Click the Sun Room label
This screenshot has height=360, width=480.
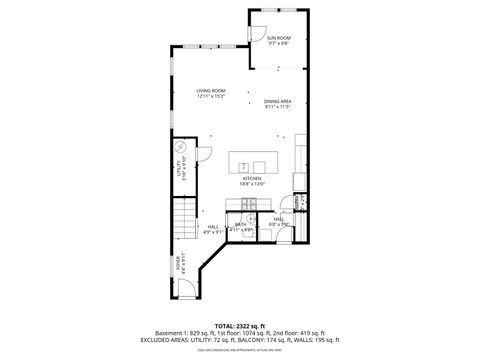277,38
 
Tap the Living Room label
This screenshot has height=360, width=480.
211,90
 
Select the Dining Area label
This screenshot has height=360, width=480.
277,101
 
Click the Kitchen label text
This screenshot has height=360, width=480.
251,178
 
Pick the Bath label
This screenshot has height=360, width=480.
240,224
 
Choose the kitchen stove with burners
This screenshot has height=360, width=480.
251,204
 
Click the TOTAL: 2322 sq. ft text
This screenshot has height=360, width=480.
240,325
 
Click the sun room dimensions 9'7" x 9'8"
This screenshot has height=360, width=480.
277,43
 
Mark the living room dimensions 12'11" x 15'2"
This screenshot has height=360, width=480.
211,95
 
